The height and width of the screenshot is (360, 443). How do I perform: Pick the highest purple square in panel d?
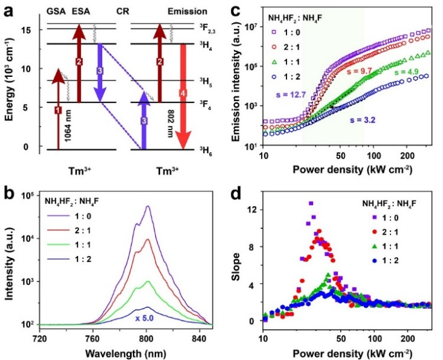[x=311, y=203]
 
